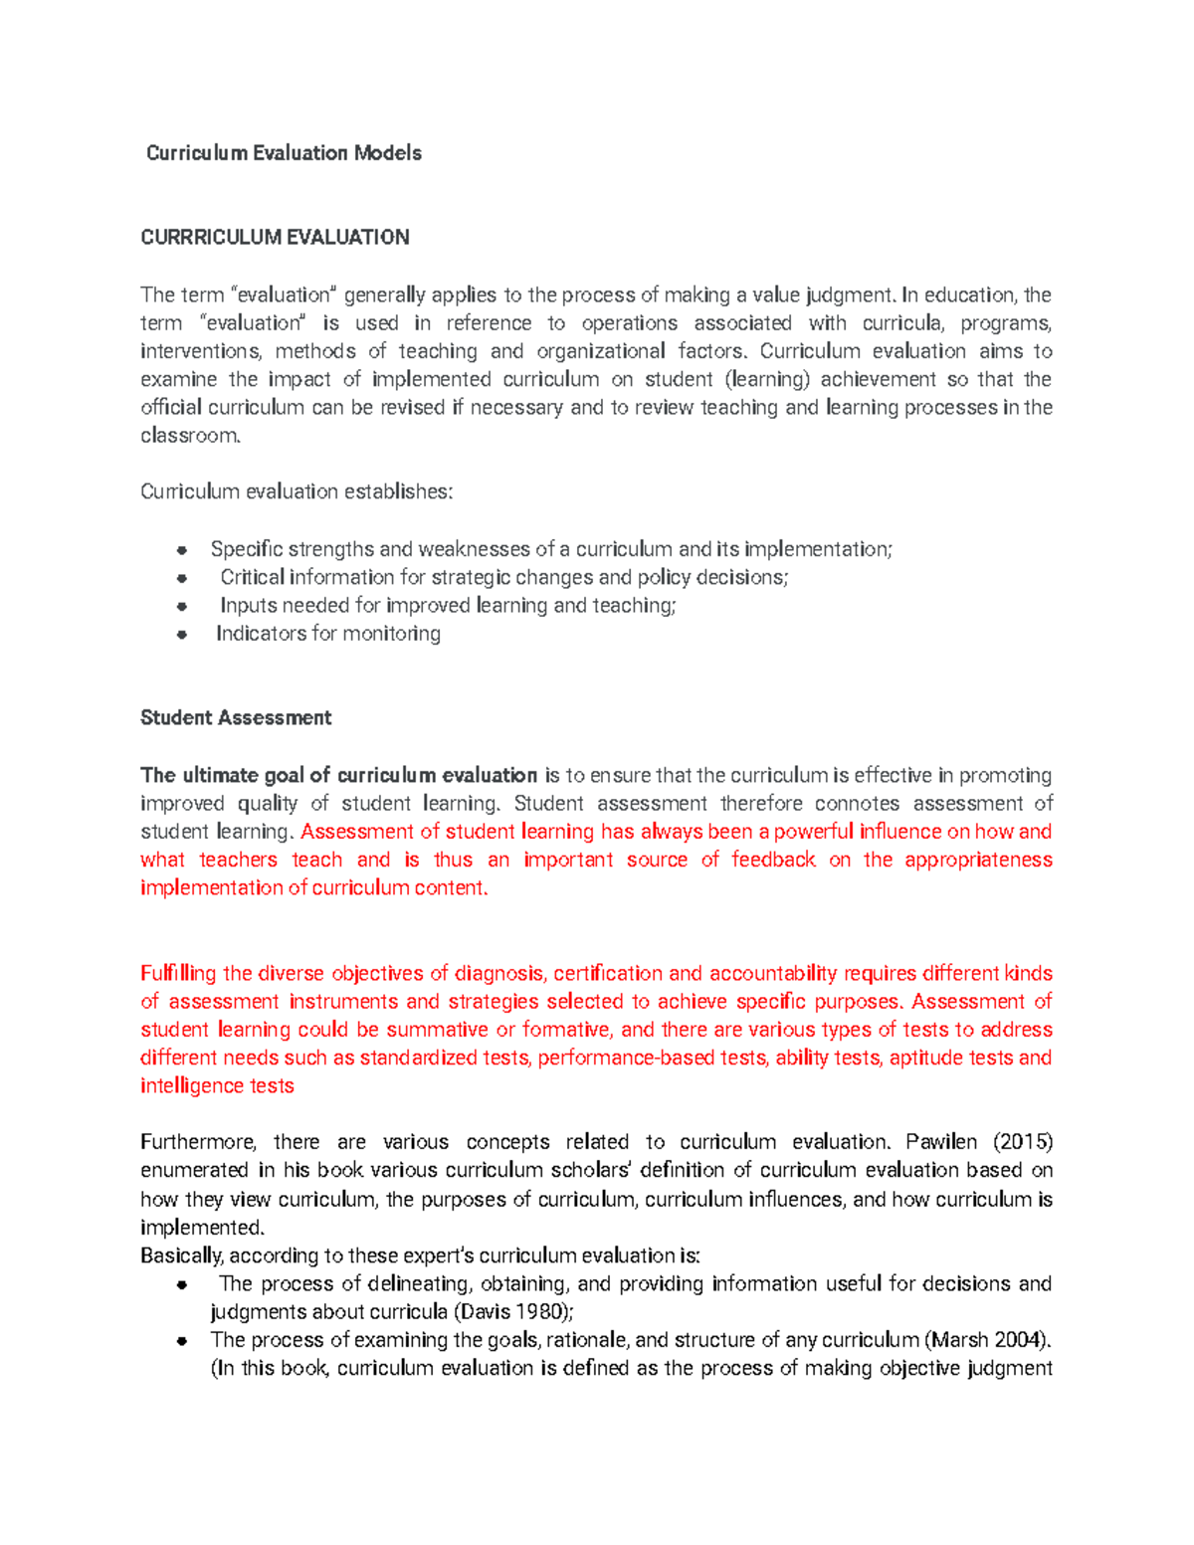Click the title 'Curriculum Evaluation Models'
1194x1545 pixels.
click(x=284, y=153)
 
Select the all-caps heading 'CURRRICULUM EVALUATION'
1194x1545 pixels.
click(x=275, y=237)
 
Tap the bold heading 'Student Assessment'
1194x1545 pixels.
click(x=236, y=717)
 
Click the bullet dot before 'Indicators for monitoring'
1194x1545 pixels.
click(x=182, y=634)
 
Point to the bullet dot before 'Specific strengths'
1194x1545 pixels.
click(x=182, y=549)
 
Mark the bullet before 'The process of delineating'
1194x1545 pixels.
click(x=182, y=1284)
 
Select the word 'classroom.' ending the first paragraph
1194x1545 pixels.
click(x=190, y=436)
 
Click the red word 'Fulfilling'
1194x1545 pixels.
click(x=178, y=973)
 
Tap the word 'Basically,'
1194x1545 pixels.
click(x=182, y=1255)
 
